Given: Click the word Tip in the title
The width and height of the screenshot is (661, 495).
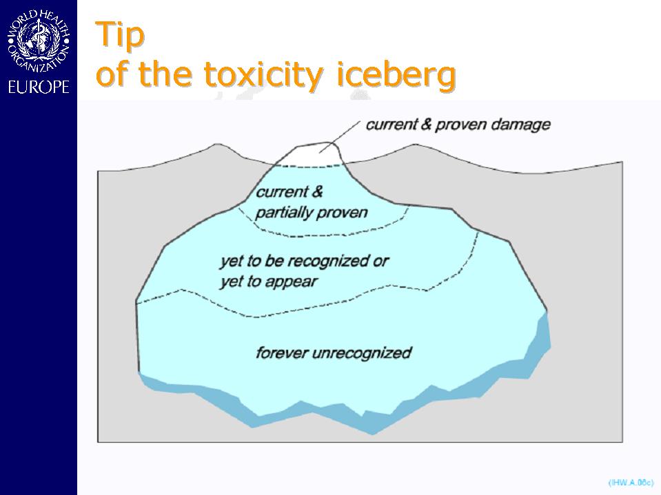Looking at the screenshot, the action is click(120, 36).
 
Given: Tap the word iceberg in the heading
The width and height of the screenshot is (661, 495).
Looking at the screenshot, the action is click(396, 75).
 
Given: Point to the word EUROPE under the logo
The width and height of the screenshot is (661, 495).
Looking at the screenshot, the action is click(39, 87).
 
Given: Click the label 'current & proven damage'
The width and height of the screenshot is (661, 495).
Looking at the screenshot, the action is click(458, 125).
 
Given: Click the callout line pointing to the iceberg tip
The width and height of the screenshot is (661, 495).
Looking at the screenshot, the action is click(340, 136).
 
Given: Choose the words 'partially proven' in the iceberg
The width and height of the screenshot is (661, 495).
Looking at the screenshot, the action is click(312, 213).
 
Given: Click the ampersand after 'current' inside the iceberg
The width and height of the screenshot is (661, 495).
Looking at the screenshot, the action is click(317, 191).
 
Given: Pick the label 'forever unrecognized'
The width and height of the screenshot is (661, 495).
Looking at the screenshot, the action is click(334, 352).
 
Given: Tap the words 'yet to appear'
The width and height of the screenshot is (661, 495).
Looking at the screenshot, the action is click(269, 282).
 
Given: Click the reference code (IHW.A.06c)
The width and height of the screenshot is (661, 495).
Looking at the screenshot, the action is click(631, 483).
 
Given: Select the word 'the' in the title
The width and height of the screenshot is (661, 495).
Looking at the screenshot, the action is click(165, 74).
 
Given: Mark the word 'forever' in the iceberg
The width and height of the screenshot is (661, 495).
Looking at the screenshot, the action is click(282, 352).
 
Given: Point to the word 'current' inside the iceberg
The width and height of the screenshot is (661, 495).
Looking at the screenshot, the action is click(282, 192).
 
